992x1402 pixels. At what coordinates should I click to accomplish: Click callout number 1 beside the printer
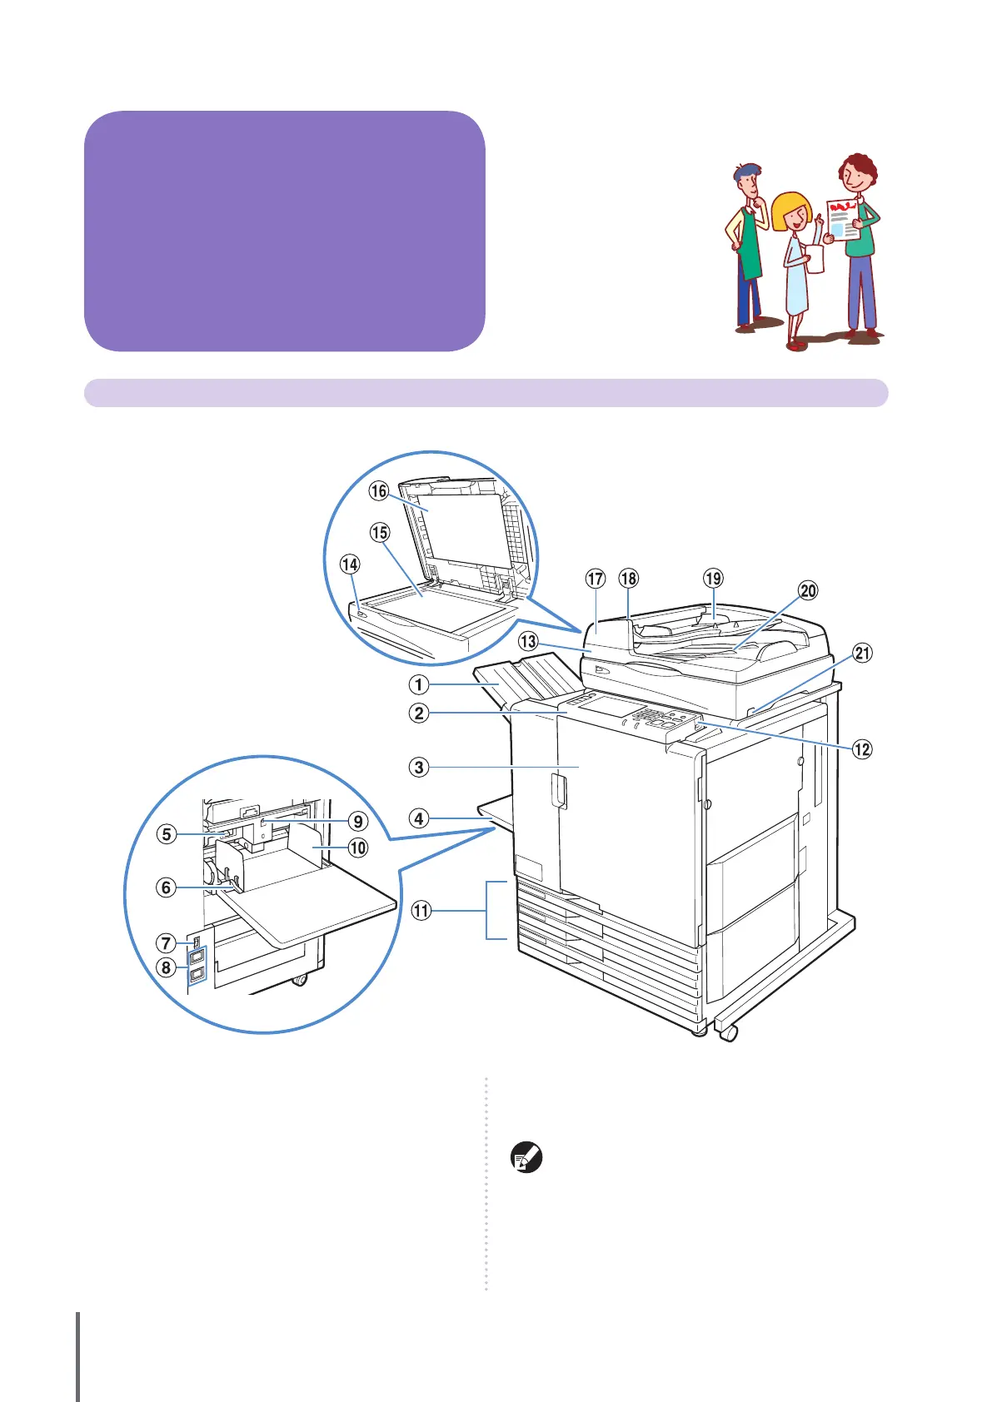click(418, 684)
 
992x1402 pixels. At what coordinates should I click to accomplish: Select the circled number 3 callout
click(418, 767)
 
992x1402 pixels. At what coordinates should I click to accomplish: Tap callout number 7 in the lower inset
click(166, 942)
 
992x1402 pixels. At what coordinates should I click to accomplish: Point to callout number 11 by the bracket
click(421, 910)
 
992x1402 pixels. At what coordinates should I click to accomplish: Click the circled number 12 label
click(862, 748)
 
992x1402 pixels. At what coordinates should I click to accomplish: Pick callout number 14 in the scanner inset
click(350, 564)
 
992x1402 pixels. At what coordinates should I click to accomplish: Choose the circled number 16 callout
click(379, 490)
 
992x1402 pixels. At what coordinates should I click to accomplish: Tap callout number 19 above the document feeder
click(713, 578)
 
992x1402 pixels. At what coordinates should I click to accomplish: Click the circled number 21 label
click(862, 653)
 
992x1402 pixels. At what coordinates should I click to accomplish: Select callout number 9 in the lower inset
click(357, 821)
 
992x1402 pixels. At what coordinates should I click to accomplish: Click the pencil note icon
click(526, 1159)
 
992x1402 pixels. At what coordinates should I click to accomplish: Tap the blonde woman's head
click(791, 213)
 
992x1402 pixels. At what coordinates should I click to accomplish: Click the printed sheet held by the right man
click(843, 220)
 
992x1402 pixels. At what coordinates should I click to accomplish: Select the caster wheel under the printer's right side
click(729, 1033)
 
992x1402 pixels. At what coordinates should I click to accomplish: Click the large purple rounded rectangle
click(284, 231)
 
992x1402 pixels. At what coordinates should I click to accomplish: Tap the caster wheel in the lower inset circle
click(299, 979)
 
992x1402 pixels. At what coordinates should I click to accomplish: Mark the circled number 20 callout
click(808, 590)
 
